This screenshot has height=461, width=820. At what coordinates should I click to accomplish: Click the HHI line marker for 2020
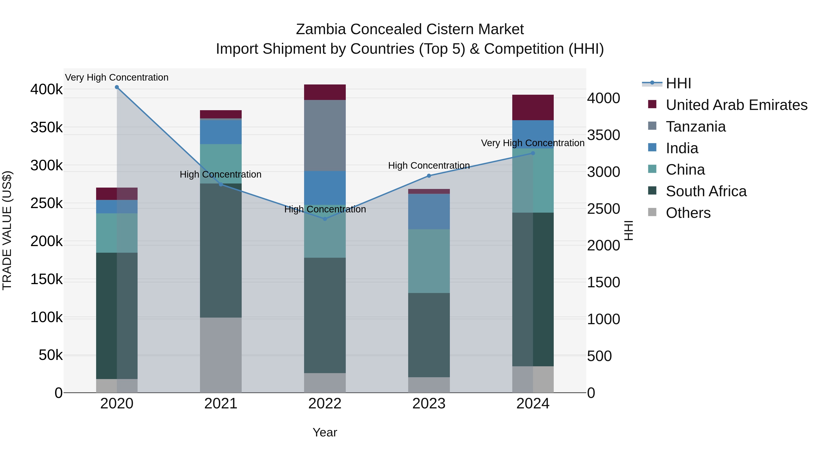tap(117, 87)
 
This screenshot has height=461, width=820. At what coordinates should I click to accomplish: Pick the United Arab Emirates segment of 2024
tap(533, 107)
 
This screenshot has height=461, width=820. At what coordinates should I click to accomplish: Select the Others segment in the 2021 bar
tap(220, 355)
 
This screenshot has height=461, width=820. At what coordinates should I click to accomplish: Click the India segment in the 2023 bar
tap(429, 211)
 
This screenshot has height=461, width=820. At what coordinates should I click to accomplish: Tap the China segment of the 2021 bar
tap(220, 163)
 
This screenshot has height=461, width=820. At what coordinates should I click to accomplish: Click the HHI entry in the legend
tap(678, 83)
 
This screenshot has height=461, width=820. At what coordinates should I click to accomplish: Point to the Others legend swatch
tap(652, 212)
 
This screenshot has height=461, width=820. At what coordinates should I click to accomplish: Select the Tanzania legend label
tap(696, 127)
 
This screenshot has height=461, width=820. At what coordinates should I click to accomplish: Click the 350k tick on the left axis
tap(46, 127)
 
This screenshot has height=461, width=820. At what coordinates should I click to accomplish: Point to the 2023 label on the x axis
tap(429, 404)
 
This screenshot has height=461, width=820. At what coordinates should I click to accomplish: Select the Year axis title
tap(325, 432)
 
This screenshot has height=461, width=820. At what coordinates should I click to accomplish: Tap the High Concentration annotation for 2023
tap(429, 166)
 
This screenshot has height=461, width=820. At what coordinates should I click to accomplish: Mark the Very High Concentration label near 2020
tap(117, 77)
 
